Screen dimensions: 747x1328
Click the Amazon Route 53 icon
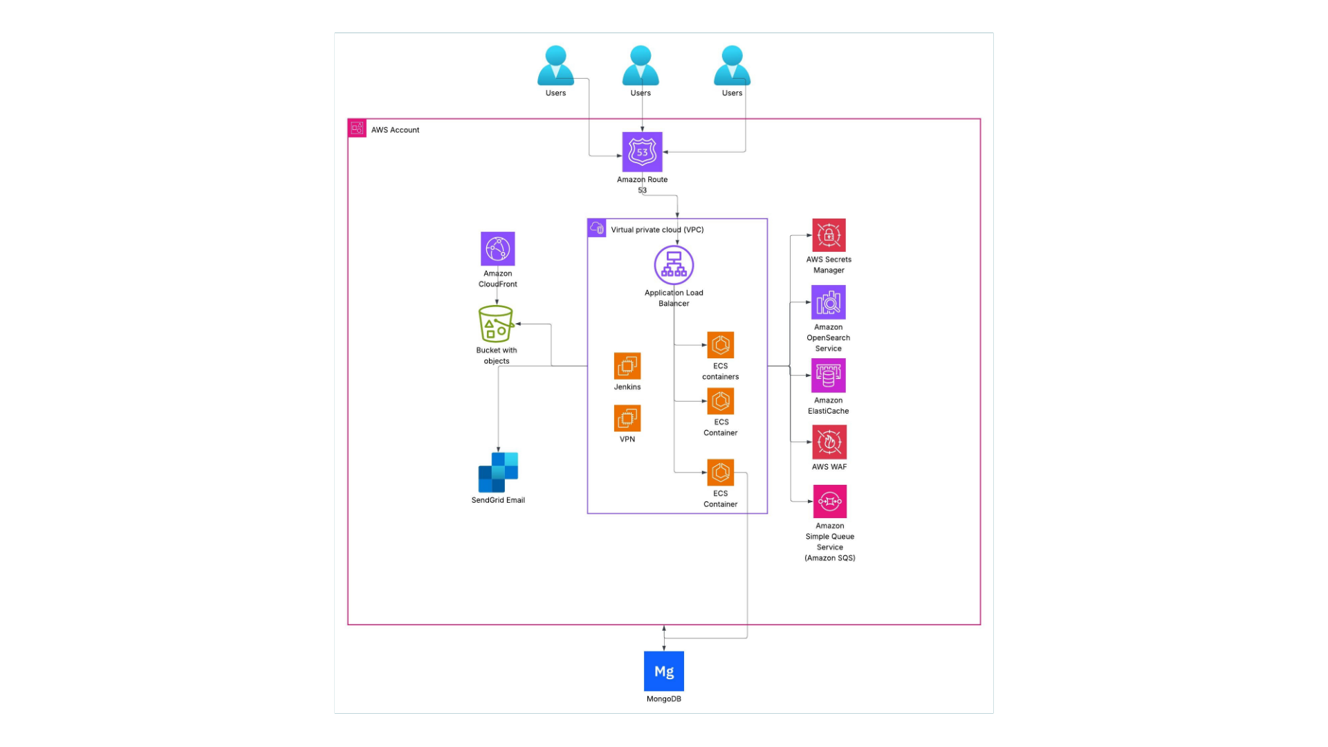(642, 151)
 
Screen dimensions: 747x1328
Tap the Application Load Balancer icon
(674, 265)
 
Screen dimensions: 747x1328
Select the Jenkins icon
(627, 366)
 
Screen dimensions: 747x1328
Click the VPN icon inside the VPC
(627, 418)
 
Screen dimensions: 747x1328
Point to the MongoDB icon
(663, 671)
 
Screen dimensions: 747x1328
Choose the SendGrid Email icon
(498, 472)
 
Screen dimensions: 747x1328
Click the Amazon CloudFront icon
(497, 248)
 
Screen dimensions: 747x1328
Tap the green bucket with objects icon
(496, 324)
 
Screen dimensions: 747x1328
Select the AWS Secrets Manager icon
(829, 236)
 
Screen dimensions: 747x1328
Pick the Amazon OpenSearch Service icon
(828, 302)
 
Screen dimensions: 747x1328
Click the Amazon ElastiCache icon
(828, 376)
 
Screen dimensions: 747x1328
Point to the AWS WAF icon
(829, 442)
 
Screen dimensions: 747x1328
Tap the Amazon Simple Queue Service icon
(829, 501)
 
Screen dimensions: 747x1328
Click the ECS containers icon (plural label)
(720, 345)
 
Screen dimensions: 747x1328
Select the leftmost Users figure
(555, 66)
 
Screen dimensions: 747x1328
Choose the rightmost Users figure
(732, 66)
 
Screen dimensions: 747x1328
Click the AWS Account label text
(395, 130)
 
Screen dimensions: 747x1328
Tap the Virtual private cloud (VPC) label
(657, 230)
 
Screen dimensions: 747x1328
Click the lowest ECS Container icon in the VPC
(720, 473)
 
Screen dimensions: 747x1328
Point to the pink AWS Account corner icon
(357, 128)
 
